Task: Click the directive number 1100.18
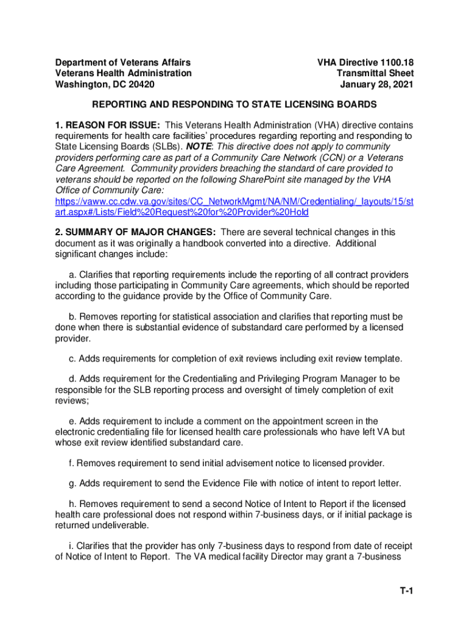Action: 390,62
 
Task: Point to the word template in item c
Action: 383,358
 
